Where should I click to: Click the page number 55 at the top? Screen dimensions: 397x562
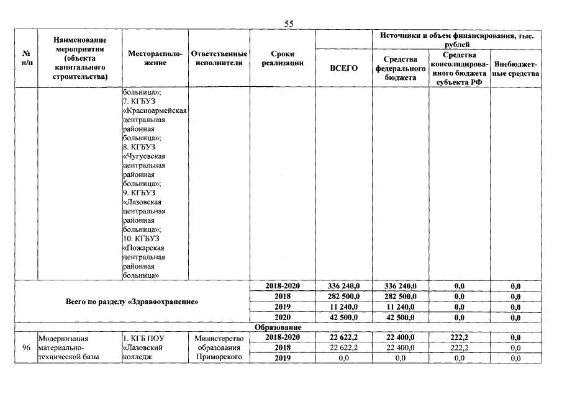tap(288, 24)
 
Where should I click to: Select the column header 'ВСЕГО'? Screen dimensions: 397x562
tap(343, 68)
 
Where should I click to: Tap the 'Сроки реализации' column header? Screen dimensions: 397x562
tap(283, 58)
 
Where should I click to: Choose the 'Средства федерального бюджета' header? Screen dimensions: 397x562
tap(401, 68)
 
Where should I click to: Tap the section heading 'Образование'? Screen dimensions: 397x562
tap(278, 328)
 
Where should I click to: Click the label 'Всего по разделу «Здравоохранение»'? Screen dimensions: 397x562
tap(132, 301)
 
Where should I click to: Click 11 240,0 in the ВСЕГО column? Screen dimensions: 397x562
tap(343, 306)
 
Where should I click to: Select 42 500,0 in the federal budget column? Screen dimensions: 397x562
tap(401, 317)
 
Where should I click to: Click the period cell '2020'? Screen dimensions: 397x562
tap(283, 317)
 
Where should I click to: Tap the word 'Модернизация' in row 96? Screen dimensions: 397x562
tap(63, 339)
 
